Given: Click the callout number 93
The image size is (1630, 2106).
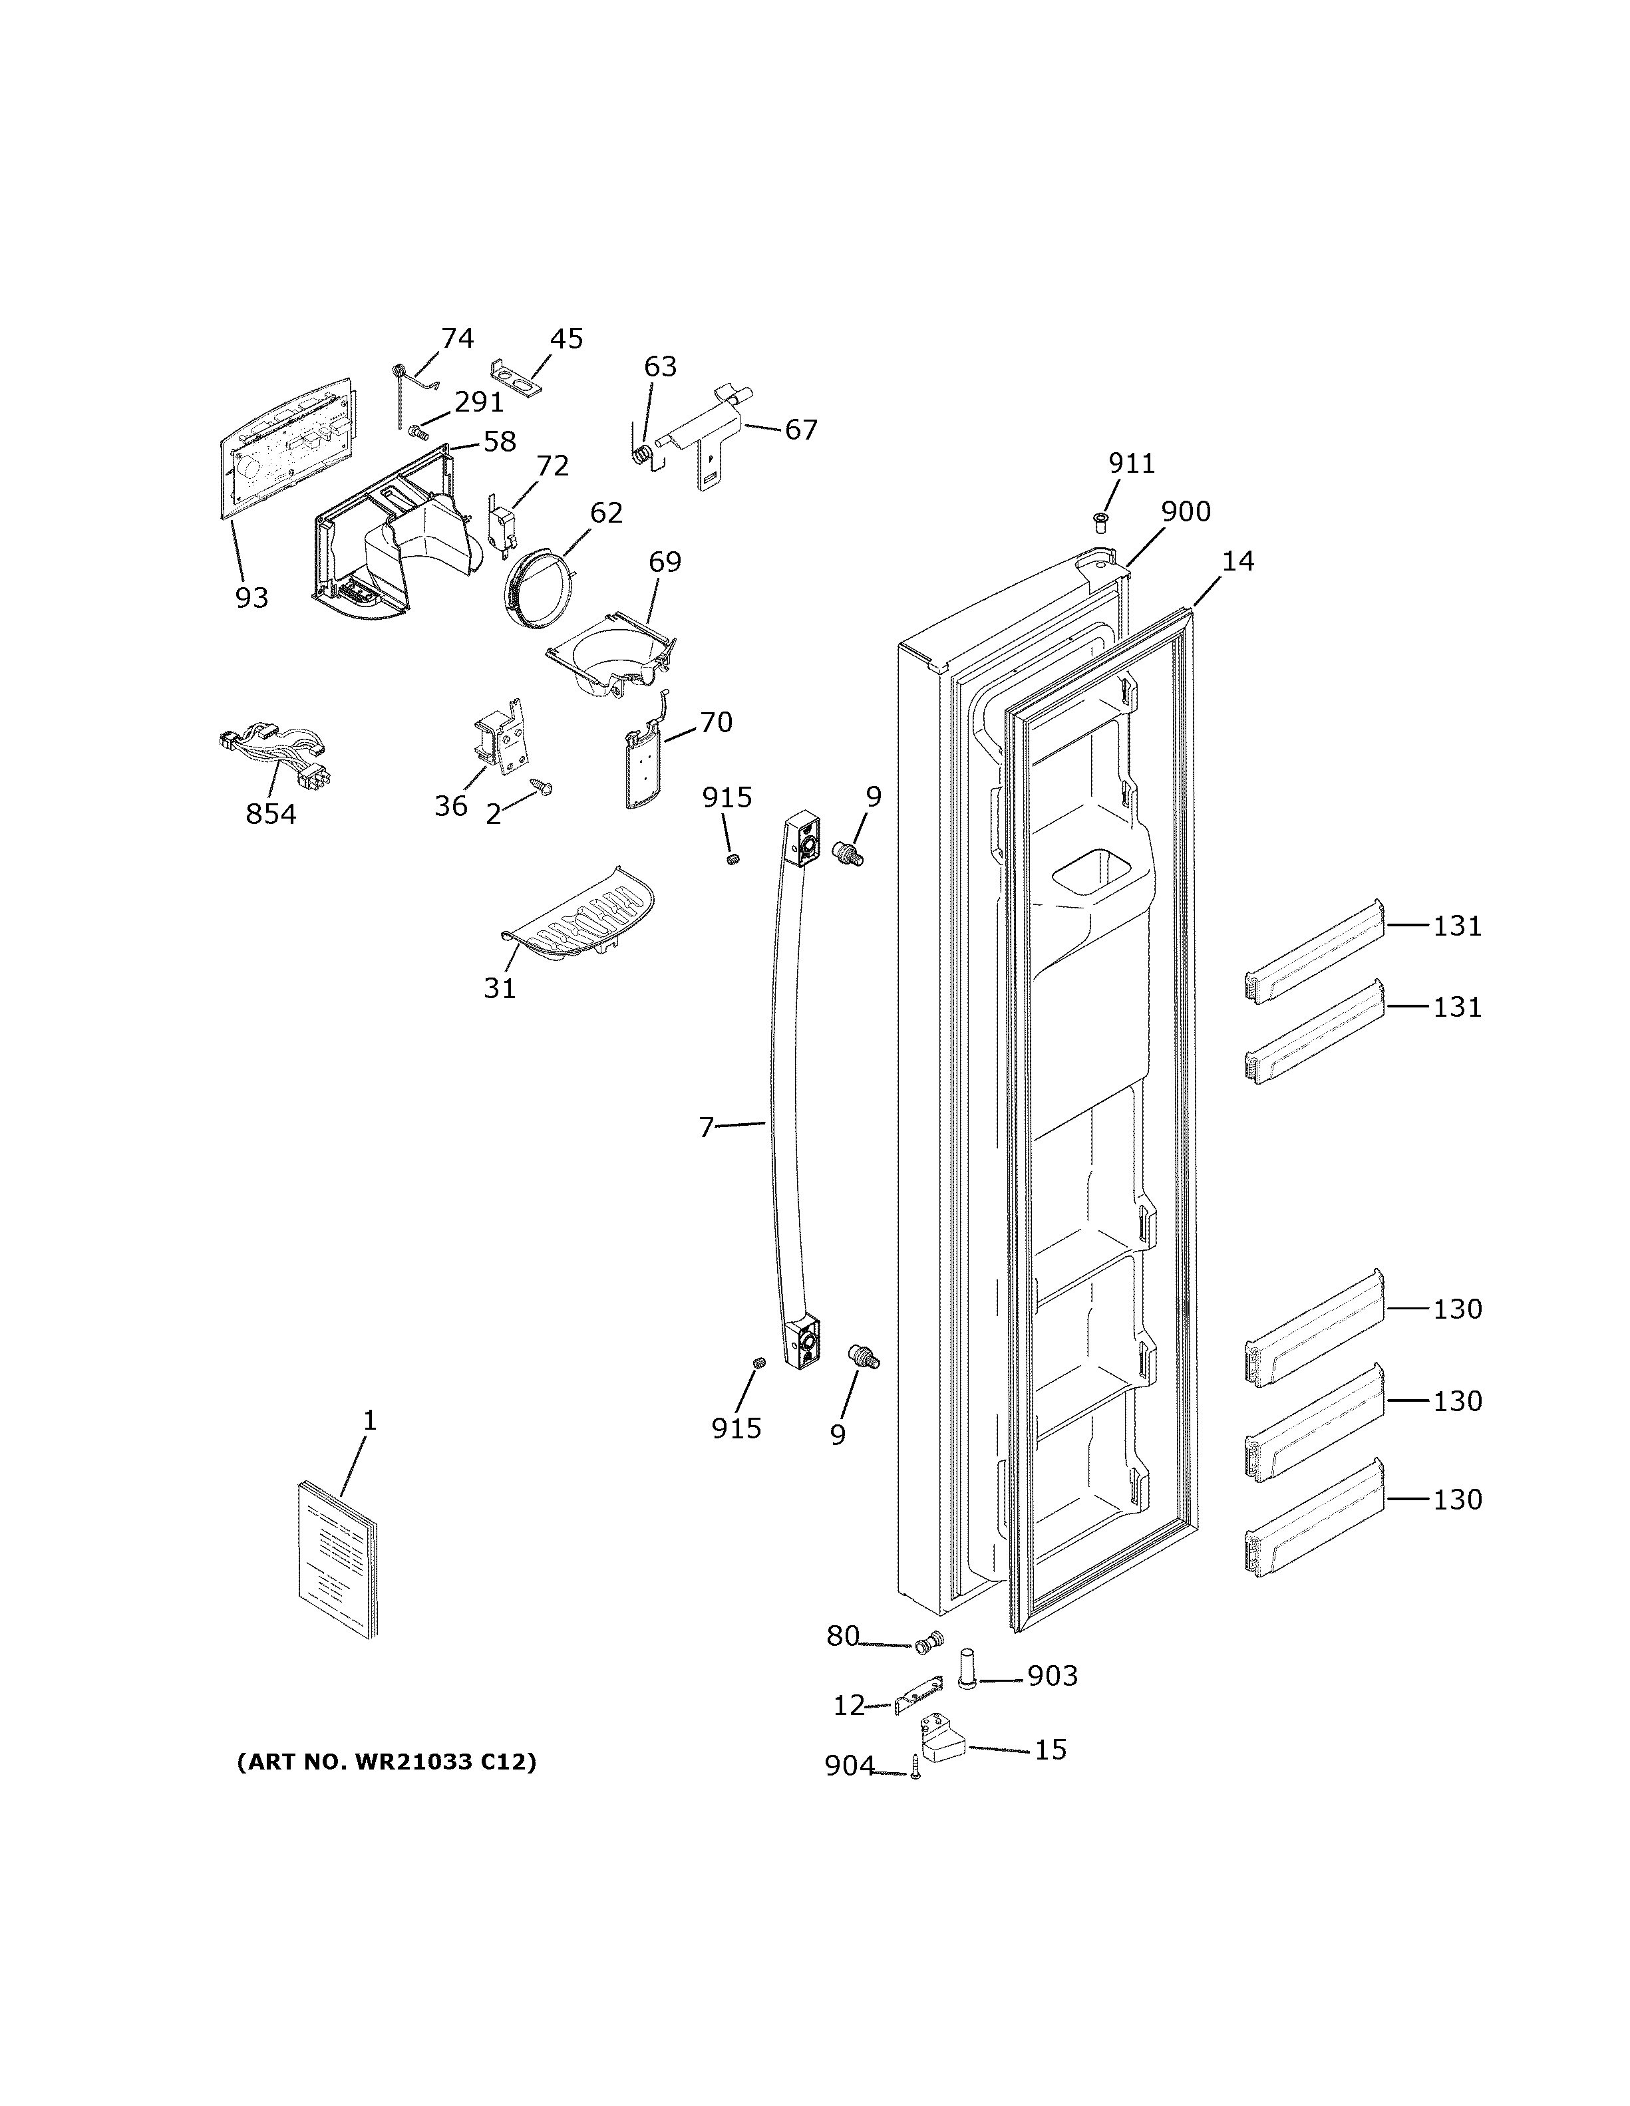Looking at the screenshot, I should point(251,598).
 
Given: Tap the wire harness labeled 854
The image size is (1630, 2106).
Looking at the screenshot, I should point(275,757).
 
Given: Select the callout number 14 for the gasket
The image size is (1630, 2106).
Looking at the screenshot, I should point(1237,561).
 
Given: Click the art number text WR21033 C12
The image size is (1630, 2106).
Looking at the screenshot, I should point(386,1762).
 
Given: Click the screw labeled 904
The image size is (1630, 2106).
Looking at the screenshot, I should point(914,1768).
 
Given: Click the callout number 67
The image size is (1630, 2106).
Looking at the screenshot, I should point(800,430).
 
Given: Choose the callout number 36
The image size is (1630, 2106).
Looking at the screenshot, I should point(450,806).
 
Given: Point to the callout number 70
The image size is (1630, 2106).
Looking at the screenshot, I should point(716,722).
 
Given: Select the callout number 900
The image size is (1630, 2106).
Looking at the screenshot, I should point(1186,512).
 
